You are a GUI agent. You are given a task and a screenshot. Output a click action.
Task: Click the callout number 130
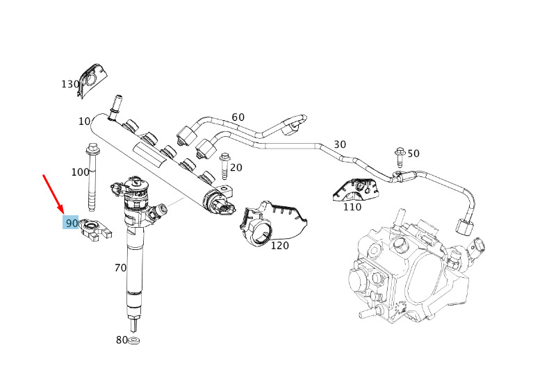click(x=70, y=84)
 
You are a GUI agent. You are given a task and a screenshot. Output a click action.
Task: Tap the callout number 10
click(x=84, y=122)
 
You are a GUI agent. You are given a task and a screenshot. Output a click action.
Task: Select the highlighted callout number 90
click(x=71, y=223)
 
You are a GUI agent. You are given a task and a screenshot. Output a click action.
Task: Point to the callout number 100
click(x=80, y=172)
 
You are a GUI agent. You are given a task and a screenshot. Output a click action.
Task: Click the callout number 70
click(x=120, y=267)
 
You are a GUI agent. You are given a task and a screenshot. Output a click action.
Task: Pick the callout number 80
click(x=122, y=340)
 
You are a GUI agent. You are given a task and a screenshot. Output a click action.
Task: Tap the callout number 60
click(x=238, y=117)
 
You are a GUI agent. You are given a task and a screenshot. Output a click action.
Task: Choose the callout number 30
click(x=339, y=144)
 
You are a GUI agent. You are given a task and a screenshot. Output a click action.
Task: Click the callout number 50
click(x=413, y=153)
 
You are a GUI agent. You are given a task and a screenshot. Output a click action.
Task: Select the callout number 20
click(x=236, y=167)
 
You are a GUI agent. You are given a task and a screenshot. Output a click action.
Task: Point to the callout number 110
click(x=352, y=206)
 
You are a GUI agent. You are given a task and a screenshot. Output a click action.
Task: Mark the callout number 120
click(x=279, y=245)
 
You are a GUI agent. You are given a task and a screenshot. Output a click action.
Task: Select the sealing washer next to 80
click(x=135, y=340)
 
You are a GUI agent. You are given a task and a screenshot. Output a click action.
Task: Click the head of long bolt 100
click(x=92, y=148)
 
